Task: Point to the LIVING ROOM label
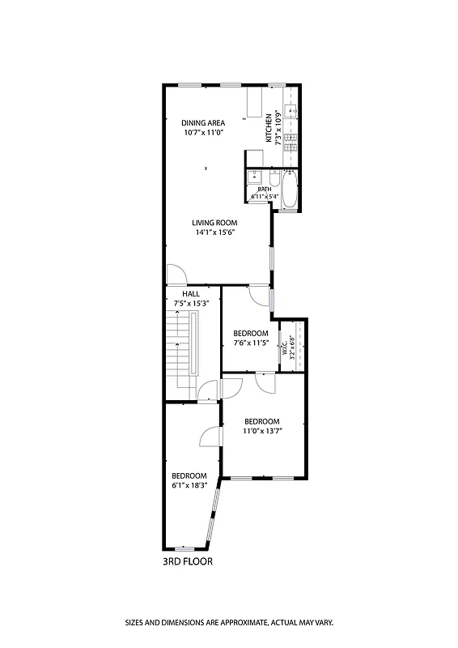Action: [x=214, y=223]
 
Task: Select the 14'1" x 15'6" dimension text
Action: [x=214, y=232]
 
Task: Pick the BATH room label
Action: [x=265, y=189]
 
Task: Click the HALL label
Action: [x=191, y=294]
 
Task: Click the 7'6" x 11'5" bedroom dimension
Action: [x=250, y=343]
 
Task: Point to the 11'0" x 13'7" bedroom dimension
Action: [x=262, y=431]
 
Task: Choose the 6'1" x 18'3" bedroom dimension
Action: [x=189, y=485]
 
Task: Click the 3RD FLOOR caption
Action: [x=189, y=561]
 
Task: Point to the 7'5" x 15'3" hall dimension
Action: [x=191, y=303]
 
